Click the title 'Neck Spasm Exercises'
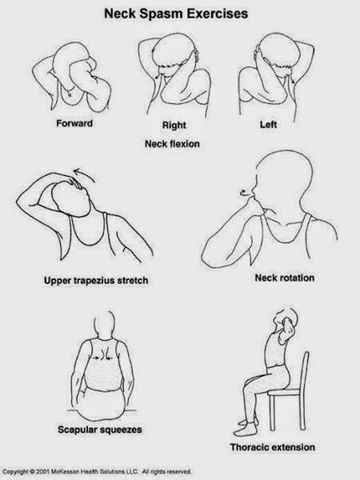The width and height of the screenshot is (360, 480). [x=179, y=14]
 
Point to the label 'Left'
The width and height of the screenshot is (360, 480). [x=268, y=125]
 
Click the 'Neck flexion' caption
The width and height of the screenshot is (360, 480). [x=172, y=144]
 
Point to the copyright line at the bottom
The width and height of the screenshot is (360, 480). [x=107, y=473]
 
